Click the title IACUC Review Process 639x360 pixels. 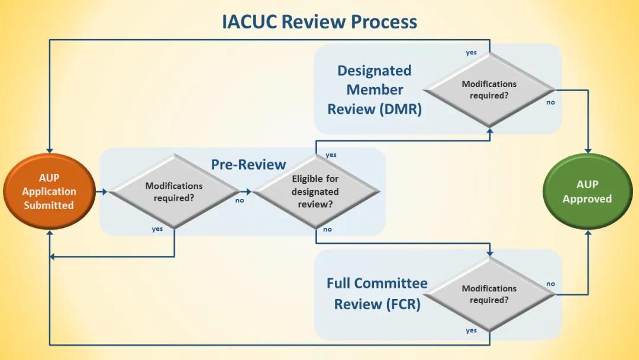tap(319, 22)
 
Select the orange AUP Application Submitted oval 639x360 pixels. tap(49, 191)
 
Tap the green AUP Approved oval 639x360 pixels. tap(588, 192)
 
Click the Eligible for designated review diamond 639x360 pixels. tap(315, 192)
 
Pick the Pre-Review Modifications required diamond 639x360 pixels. tap(174, 192)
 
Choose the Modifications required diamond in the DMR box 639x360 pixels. tap(489, 89)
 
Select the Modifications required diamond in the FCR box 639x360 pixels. tap(489, 294)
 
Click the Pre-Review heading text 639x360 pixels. tap(248, 165)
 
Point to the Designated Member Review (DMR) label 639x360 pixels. tap(374, 90)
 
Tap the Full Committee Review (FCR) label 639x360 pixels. tap(377, 294)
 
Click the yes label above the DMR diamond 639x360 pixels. tap(471, 53)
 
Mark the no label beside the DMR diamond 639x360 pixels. tap(551, 102)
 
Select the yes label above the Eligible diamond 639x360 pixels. tap(331, 155)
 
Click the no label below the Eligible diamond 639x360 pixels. tap(327, 229)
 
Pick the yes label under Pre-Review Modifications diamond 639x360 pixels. tap(157, 229)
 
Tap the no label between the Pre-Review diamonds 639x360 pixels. tap(239, 200)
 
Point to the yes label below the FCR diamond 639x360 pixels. tap(471, 330)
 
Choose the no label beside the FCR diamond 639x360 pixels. tap(551, 284)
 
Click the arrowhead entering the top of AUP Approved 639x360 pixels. tap(588, 150)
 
